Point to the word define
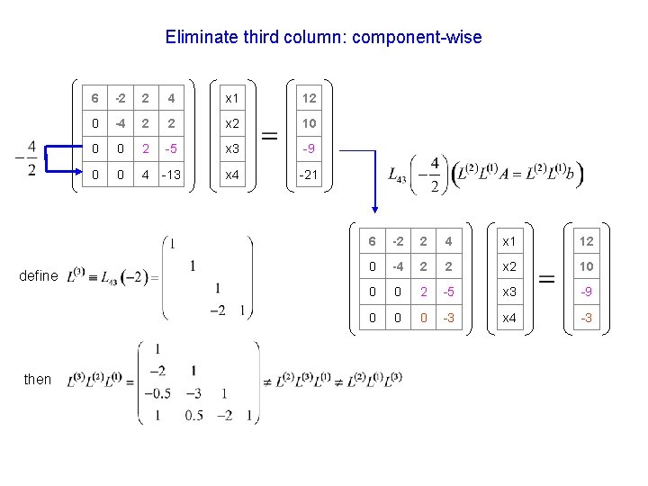pos(38,276)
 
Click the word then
pos(38,379)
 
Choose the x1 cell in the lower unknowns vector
pos(509,241)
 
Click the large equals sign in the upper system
pos(269,136)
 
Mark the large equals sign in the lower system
pos(546,280)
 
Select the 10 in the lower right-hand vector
pos(586,267)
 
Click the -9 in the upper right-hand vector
pos(309,148)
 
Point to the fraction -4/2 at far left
pos(29,159)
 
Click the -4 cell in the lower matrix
pos(397,267)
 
